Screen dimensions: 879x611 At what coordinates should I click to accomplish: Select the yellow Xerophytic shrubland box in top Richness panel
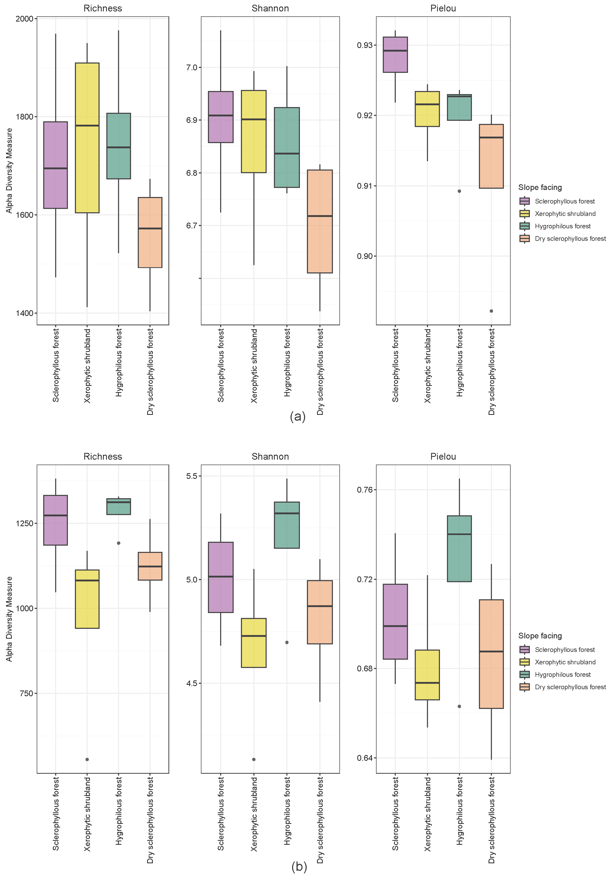(x=87, y=138)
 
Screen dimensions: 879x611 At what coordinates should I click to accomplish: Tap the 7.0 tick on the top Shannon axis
(x=191, y=67)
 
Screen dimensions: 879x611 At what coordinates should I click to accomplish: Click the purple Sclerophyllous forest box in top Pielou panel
(x=395, y=55)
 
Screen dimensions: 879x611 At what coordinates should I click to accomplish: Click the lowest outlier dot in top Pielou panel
(x=492, y=311)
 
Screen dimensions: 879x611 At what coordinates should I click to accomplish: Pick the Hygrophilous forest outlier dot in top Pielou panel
(x=459, y=191)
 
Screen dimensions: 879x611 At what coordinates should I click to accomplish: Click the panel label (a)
(x=298, y=417)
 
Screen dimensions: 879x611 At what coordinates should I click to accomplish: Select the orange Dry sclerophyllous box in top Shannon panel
(x=320, y=221)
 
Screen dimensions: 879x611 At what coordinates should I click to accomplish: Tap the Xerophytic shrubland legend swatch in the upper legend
(x=525, y=214)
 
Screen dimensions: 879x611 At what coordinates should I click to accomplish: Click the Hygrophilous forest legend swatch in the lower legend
(x=525, y=675)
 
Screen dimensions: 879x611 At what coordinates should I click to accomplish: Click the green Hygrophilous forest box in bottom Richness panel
(x=119, y=506)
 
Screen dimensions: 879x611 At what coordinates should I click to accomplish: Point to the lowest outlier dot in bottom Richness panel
(x=87, y=759)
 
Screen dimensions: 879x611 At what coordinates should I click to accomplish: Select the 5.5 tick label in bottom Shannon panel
(x=191, y=476)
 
